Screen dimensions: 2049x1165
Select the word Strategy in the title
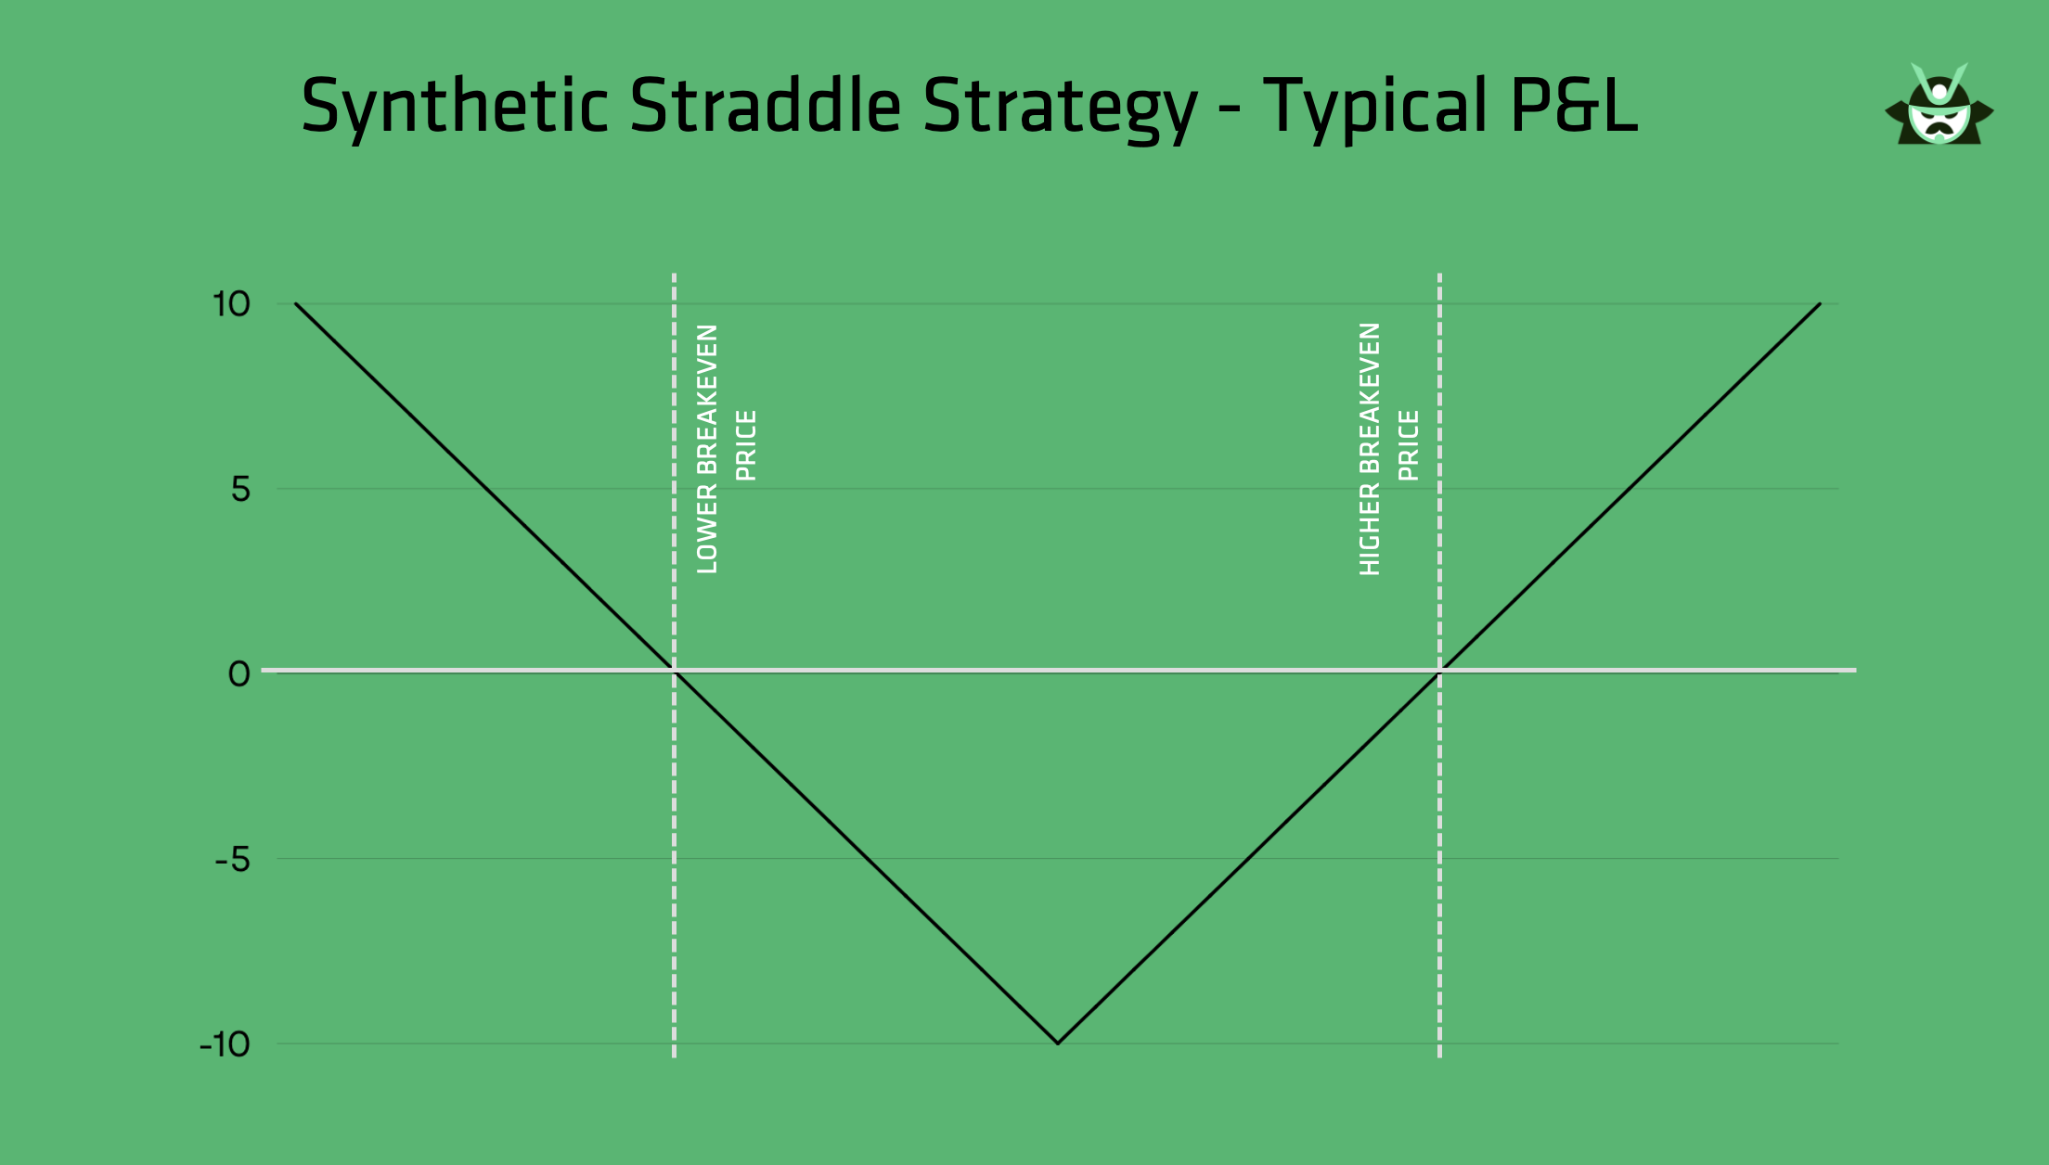coord(1061,108)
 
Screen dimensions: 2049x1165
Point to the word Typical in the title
coord(1376,108)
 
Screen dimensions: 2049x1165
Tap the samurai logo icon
coord(1939,104)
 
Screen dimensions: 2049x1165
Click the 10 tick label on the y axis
coord(231,304)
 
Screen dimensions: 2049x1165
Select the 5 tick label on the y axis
coord(240,489)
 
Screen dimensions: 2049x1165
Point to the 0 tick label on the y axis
coord(239,674)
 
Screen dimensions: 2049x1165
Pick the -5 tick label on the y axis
coord(233,860)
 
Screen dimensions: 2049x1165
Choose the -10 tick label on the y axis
coord(226,1044)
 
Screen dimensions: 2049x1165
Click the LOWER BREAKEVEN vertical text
coord(707,449)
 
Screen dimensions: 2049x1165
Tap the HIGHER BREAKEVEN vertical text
coord(1370,449)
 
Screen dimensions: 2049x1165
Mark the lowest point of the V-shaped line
coord(1058,1043)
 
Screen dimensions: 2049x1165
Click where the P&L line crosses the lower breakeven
coord(675,671)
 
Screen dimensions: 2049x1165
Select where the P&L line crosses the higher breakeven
coord(1439,671)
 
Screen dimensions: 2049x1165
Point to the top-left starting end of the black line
coord(296,303)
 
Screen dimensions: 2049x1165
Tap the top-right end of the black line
coord(1820,303)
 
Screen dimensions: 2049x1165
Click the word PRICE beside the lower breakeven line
coord(746,446)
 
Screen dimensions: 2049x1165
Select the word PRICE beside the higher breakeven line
coord(1409,446)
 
